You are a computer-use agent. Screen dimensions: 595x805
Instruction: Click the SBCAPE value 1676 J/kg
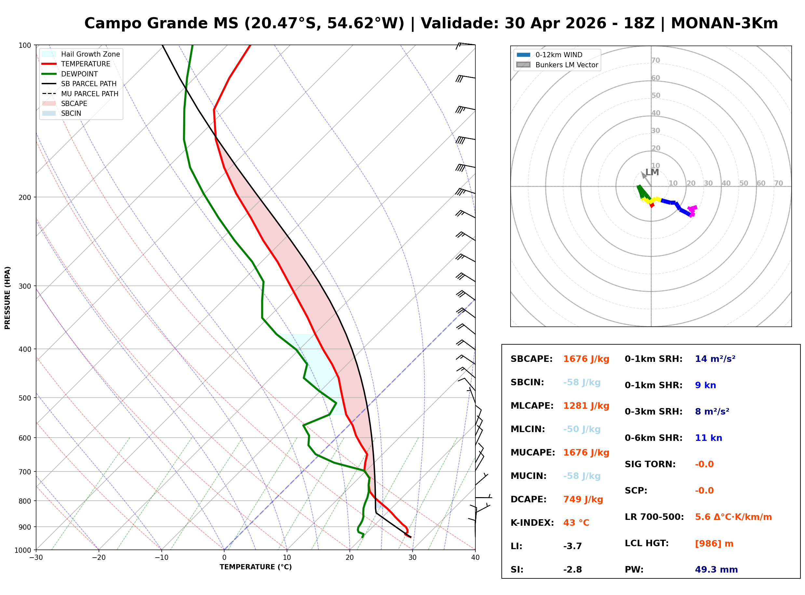click(x=586, y=359)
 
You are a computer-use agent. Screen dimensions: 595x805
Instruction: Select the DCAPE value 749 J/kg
click(x=583, y=499)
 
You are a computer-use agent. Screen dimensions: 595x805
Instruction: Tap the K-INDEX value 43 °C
click(x=576, y=523)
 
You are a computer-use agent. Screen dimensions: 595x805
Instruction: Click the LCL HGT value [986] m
click(x=714, y=544)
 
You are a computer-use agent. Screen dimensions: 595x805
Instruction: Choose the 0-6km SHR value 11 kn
click(x=708, y=438)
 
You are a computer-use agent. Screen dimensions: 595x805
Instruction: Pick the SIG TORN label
click(x=650, y=464)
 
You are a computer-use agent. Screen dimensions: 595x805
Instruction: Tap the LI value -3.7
click(x=572, y=546)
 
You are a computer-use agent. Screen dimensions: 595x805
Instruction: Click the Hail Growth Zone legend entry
click(x=90, y=54)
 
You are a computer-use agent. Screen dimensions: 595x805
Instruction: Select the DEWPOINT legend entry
click(x=79, y=74)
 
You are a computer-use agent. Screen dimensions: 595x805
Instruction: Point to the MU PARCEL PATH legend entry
click(x=89, y=94)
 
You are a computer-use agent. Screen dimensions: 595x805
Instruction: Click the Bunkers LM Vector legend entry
click(x=566, y=65)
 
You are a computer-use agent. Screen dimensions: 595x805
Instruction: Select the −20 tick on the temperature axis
click(x=99, y=558)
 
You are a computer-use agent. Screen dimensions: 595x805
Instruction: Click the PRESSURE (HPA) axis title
click(x=7, y=297)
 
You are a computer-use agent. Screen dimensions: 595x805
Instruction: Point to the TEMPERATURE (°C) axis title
click(x=255, y=567)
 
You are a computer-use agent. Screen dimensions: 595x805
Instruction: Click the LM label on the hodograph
click(x=652, y=172)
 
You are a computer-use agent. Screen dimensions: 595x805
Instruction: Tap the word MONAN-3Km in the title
click(x=724, y=23)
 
